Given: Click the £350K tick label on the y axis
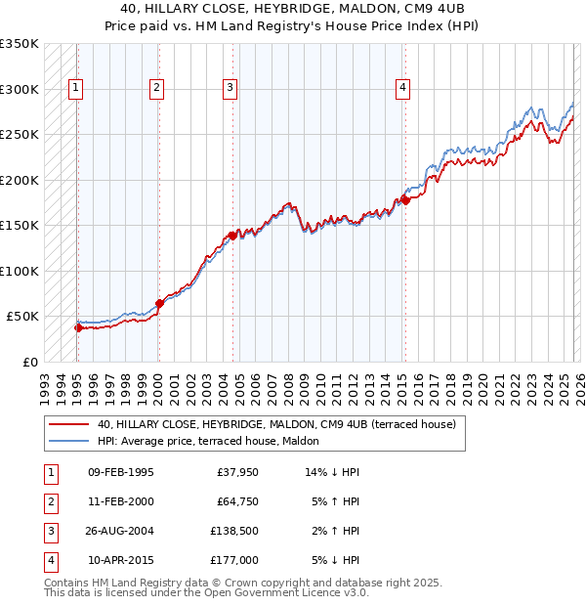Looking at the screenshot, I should (x=20, y=44).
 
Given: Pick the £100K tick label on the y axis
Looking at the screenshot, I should (x=20, y=271).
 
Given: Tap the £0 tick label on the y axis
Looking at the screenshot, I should (x=29, y=362).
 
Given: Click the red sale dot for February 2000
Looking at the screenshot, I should (x=159, y=303).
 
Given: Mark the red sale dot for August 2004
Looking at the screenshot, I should (x=232, y=236).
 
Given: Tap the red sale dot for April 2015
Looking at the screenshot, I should (x=404, y=200).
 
